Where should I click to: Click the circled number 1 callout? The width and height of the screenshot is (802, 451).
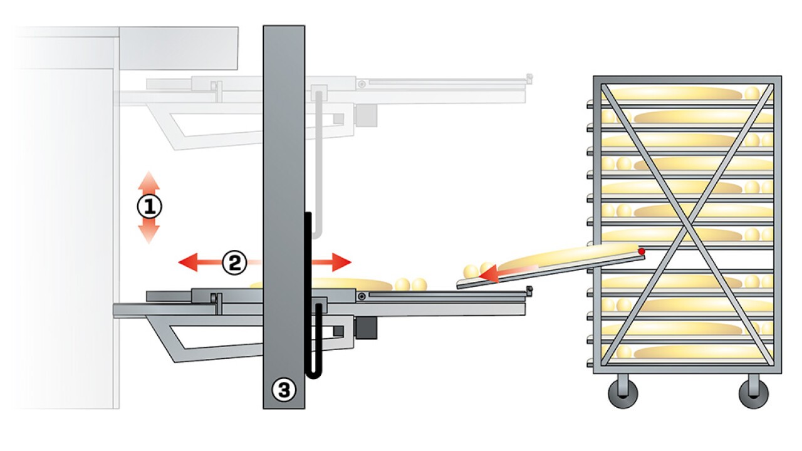[150, 207]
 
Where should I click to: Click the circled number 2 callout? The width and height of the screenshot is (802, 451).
[234, 262]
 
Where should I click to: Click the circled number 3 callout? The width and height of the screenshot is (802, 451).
[284, 390]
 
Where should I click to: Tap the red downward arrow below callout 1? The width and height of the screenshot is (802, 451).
[149, 231]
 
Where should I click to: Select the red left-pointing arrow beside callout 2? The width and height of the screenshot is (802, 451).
[200, 262]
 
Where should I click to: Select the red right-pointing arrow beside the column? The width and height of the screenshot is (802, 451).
[331, 262]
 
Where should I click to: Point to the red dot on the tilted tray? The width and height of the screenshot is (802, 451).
[641, 251]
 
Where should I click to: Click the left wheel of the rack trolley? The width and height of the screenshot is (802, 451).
[623, 393]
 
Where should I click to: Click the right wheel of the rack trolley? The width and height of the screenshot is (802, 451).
[753, 393]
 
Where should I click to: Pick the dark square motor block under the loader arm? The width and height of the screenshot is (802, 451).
[367, 328]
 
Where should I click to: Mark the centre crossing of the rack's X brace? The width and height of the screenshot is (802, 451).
[687, 225]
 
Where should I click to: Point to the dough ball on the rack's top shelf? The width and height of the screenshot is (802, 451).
[752, 93]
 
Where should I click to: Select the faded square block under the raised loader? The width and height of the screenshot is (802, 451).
[367, 115]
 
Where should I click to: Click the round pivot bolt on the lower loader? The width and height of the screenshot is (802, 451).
[362, 296]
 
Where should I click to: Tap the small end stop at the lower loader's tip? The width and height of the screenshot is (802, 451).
[529, 291]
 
